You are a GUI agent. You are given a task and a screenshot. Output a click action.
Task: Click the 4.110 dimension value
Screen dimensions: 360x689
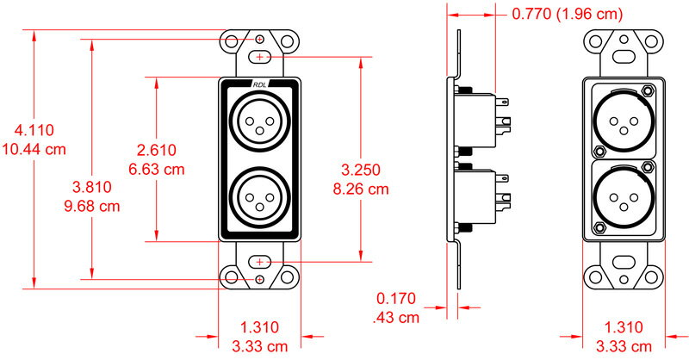pyautogui.click(x=34, y=130)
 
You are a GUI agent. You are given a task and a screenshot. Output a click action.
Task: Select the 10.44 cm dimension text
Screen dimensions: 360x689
pyautogui.click(x=34, y=148)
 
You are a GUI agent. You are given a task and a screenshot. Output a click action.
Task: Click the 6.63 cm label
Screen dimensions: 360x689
pyautogui.click(x=156, y=169)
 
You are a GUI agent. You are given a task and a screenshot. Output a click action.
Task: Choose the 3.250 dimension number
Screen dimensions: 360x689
pyautogui.click(x=361, y=169)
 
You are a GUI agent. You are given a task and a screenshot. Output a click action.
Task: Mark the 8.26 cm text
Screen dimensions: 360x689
pyautogui.click(x=361, y=187)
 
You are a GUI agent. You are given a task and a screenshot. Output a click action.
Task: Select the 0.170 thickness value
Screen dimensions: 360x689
pyautogui.click(x=396, y=299)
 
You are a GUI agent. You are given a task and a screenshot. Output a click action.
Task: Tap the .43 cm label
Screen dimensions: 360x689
pyautogui.click(x=396, y=317)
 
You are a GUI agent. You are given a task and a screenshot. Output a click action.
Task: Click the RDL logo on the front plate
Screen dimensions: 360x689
pyautogui.click(x=259, y=84)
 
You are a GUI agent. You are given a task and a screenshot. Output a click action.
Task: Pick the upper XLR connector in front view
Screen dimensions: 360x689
pyautogui.click(x=259, y=120)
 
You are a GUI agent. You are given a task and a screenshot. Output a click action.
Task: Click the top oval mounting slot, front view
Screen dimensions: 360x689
pyautogui.click(x=259, y=57)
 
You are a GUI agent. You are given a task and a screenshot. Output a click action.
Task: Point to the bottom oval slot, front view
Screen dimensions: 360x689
pyautogui.click(x=259, y=261)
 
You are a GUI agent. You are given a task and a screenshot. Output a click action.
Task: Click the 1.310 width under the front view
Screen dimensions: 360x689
pyautogui.click(x=259, y=328)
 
